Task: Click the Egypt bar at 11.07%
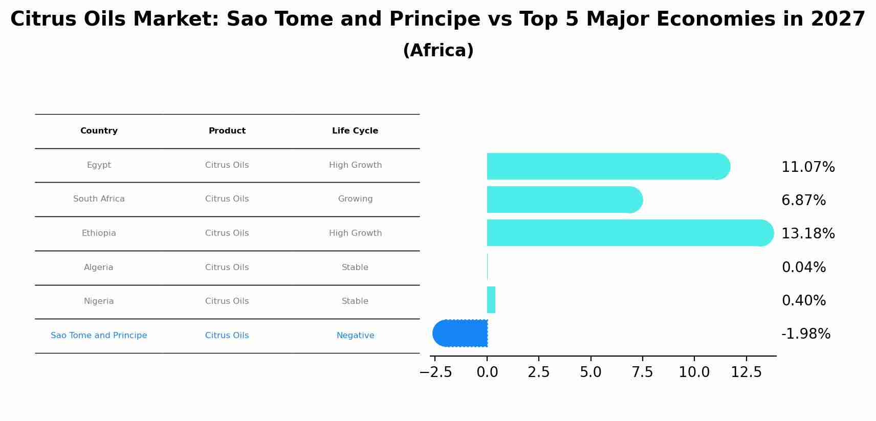coord(604,166)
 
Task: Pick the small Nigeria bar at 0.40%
coord(491,300)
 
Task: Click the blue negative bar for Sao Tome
coord(461,333)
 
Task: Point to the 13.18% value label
coord(808,234)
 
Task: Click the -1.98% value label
coord(806,334)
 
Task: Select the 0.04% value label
coord(803,268)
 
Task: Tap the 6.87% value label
coord(803,201)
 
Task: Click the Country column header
coord(99,131)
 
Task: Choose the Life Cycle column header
coord(355,131)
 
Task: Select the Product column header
coord(227,131)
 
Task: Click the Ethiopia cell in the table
coord(99,233)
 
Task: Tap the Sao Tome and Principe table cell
coord(99,336)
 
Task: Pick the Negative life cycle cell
coord(355,336)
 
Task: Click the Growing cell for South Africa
coord(355,199)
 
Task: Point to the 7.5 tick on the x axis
coord(642,372)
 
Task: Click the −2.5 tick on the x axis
coord(435,372)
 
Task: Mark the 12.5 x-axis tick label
coord(746,372)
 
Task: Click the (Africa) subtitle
coord(438,51)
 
